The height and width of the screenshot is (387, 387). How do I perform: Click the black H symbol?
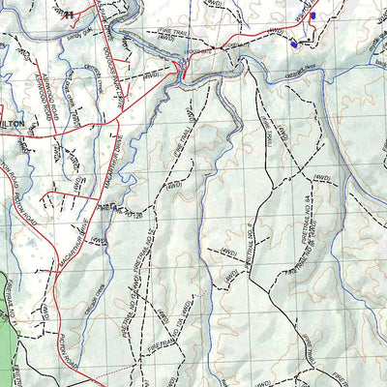68,14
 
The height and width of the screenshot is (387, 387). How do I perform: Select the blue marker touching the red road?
312,15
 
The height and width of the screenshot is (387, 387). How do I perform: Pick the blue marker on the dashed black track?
293,43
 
